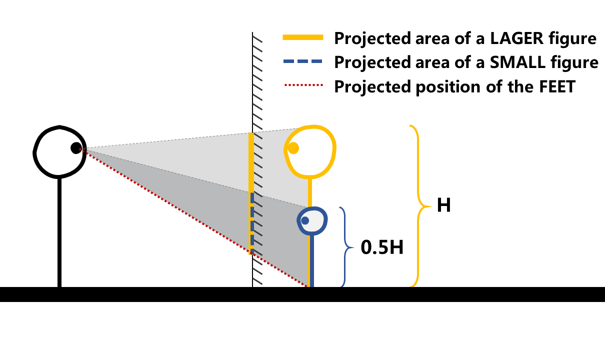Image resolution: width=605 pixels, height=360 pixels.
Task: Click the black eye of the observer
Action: tap(76, 147)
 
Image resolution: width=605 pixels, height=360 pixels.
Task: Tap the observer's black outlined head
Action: tap(35, 150)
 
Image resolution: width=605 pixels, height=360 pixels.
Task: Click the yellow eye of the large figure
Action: tap(293, 148)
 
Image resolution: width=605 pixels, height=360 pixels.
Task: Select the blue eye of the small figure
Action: tap(304, 220)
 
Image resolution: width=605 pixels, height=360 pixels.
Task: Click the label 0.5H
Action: tap(382, 247)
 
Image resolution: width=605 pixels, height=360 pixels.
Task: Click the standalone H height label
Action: tap(444, 205)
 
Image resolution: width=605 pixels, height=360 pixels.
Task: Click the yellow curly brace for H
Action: tap(418, 205)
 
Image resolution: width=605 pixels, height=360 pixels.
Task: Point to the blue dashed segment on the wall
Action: tap(252, 220)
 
